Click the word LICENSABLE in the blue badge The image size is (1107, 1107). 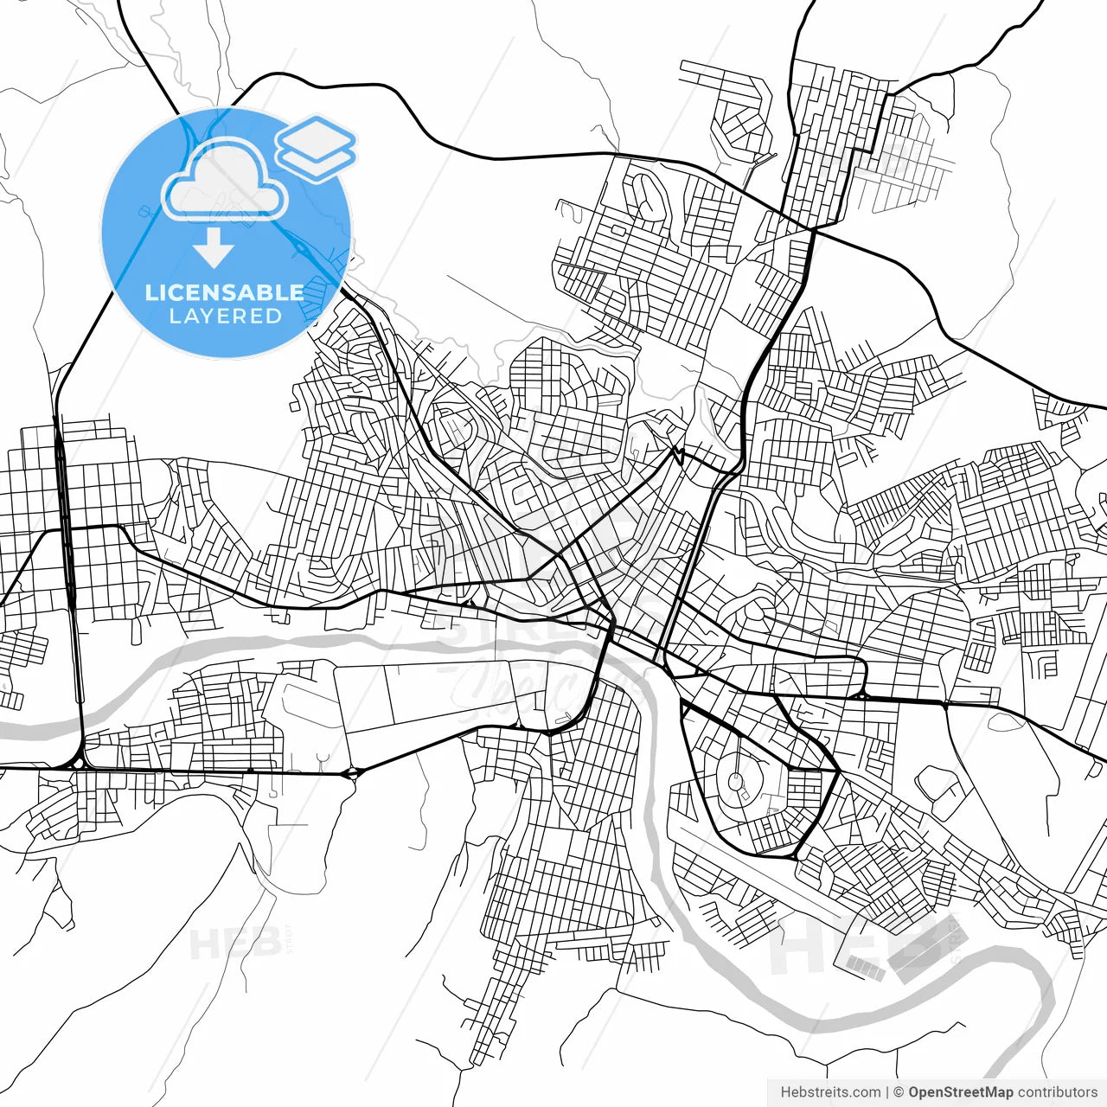[x=225, y=292]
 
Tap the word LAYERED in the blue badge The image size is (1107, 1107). [x=225, y=317]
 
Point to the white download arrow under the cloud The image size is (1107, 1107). [x=214, y=247]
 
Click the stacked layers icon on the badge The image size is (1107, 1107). [x=317, y=148]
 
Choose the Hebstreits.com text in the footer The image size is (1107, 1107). [x=831, y=1092]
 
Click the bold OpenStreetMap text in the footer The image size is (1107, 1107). [x=960, y=1092]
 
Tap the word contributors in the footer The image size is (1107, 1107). [x=1057, y=1092]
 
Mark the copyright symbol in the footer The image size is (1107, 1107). [x=899, y=1092]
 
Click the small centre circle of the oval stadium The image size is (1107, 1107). [x=738, y=779]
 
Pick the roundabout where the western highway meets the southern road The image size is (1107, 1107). [x=78, y=764]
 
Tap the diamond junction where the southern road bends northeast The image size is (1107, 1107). [x=354, y=772]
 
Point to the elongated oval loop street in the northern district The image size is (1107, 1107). [x=646, y=195]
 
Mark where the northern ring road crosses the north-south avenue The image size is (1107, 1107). [x=812, y=229]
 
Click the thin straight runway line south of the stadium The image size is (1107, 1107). [x=752, y=865]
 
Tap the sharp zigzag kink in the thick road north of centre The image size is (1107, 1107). [x=679, y=453]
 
